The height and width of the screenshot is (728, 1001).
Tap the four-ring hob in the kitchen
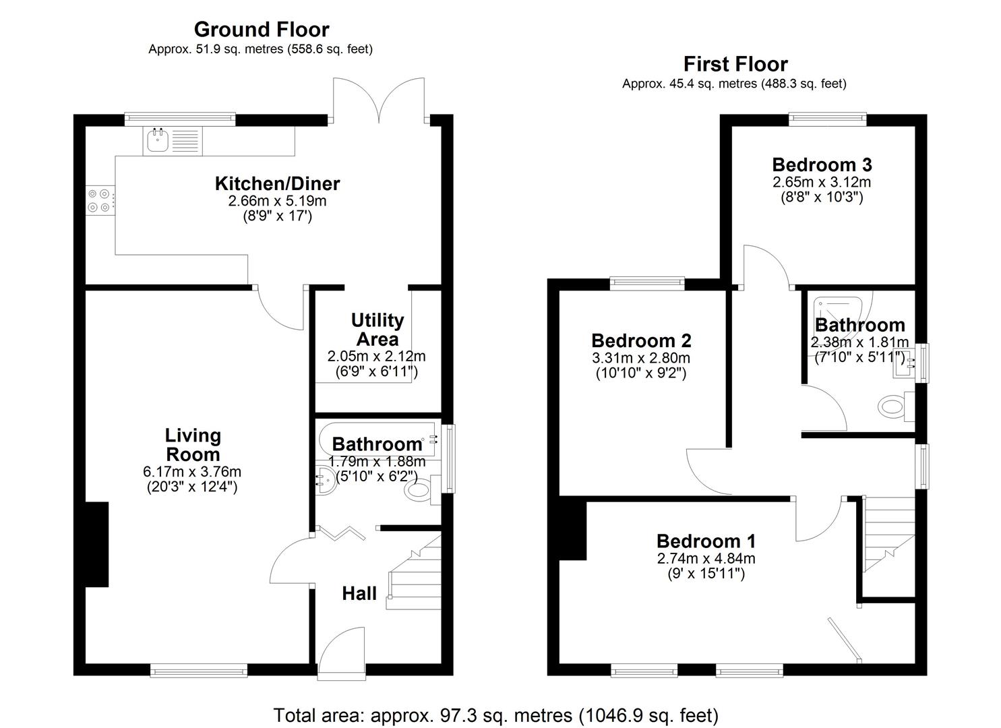[98, 200]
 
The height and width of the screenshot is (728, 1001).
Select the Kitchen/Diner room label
[277, 183]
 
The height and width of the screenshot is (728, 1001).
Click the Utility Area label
[377, 330]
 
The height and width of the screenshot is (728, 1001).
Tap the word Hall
[359, 594]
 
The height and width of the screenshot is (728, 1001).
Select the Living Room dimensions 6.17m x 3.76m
[193, 472]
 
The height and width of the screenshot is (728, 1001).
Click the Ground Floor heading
[261, 30]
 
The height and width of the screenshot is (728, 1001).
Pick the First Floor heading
[735, 64]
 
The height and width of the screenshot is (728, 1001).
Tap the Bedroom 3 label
[821, 164]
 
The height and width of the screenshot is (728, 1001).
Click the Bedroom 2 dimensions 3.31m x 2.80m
[640, 359]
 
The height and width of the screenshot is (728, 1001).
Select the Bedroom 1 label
[706, 541]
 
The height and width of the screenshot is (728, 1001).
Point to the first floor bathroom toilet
[892, 406]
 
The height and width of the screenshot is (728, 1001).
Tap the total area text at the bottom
[495, 715]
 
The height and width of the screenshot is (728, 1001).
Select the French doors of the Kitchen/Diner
[379, 101]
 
